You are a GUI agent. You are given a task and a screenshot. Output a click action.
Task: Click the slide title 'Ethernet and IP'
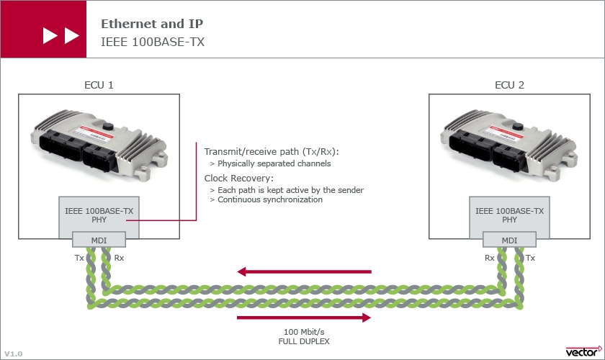152,24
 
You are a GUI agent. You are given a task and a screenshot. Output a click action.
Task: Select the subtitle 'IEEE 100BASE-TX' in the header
153,42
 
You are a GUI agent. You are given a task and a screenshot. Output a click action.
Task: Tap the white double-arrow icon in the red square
61,35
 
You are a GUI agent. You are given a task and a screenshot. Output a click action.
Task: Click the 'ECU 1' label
99,85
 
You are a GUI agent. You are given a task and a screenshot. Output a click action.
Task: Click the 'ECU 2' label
509,85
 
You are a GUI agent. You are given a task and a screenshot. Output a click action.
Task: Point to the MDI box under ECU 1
99,240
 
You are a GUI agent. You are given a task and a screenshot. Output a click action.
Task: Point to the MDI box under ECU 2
509,240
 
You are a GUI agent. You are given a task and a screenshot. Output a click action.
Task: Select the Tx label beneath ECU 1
79,258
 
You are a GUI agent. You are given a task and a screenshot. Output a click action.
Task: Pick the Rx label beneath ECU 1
119,258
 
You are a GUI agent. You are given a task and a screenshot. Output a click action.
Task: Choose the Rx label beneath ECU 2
489,258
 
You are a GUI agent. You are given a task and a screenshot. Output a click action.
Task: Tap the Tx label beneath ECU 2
530,258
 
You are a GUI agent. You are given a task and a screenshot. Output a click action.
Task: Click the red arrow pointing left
304,271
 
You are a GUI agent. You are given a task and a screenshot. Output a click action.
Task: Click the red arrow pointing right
304,318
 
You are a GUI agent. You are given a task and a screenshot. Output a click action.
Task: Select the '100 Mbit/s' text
304,332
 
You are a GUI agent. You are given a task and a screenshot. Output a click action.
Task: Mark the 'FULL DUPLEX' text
304,341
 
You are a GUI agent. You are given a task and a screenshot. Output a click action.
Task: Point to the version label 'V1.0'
14,354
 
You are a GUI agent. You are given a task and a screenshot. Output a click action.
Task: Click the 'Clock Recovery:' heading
239,179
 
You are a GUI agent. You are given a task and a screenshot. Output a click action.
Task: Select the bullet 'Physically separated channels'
274,163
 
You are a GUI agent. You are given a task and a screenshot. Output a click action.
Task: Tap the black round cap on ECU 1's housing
107,126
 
